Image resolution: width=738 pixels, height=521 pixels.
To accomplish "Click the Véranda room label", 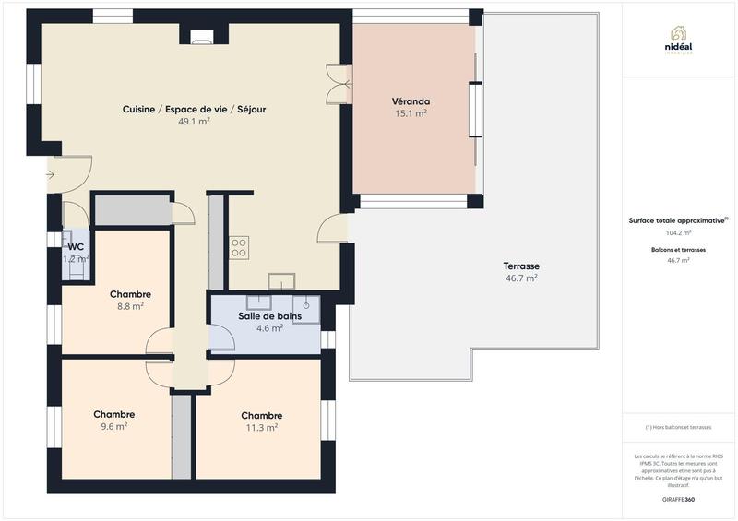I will [x=411, y=101].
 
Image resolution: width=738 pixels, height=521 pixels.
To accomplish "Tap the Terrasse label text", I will [x=521, y=266].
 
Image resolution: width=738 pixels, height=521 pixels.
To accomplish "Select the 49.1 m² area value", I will [x=194, y=121].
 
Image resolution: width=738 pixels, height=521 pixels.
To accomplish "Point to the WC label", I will [x=76, y=246].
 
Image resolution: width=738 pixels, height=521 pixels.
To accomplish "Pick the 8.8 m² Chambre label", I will [x=130, y=294].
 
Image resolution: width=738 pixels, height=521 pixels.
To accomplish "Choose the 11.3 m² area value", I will [x=261, y=427].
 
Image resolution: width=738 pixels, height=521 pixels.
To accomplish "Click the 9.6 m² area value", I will [x=114, y=426].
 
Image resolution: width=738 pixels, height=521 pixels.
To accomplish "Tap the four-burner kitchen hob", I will [x=239, y=246].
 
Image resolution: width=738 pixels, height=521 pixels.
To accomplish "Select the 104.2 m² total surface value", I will [x=678, y=233].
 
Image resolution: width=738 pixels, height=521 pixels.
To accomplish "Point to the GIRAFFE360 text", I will [x=678, y=499].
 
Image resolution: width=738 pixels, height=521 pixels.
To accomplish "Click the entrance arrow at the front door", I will [x=49, y=174].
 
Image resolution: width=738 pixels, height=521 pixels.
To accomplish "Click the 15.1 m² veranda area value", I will [x=411, y=113].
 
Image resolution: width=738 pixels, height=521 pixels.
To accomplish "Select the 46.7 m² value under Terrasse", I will [x=521, y=278].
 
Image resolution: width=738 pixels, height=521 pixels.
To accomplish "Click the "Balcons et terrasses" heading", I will [x=678, y=250].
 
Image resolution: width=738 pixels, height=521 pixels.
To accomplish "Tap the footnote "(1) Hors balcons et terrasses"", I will [x=678, y=427].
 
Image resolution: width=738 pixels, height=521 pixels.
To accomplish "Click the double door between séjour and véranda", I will [x=339, y=83].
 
